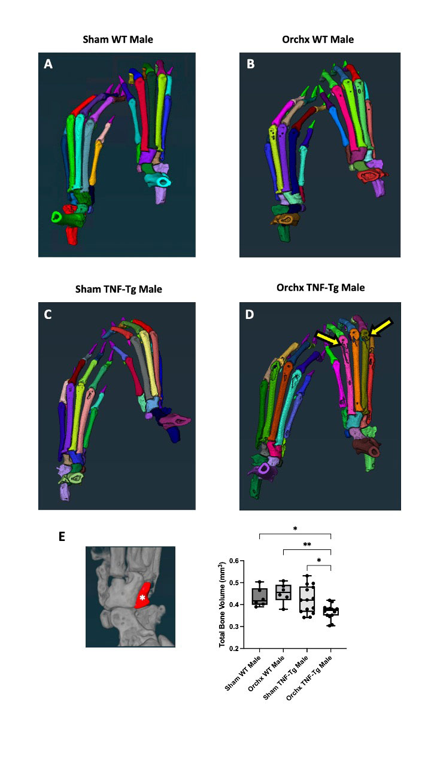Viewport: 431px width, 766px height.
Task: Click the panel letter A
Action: pyautogui.click(x=48, y=65)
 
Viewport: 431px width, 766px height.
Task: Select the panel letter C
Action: pyautogui.click(x=48, y=315)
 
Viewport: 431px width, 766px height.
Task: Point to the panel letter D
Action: pyautogui.click(x=251, y=315)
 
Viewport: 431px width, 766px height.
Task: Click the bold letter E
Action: pyautogui.click(x=62, y=537)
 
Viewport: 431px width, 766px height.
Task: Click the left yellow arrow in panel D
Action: pyautogui.click(x=327, y=341)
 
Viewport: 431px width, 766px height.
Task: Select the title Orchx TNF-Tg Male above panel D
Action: pyautogui.click(x=320, y=288)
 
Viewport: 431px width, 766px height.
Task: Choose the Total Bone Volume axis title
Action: pyautogui.click(x=222, y=604)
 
